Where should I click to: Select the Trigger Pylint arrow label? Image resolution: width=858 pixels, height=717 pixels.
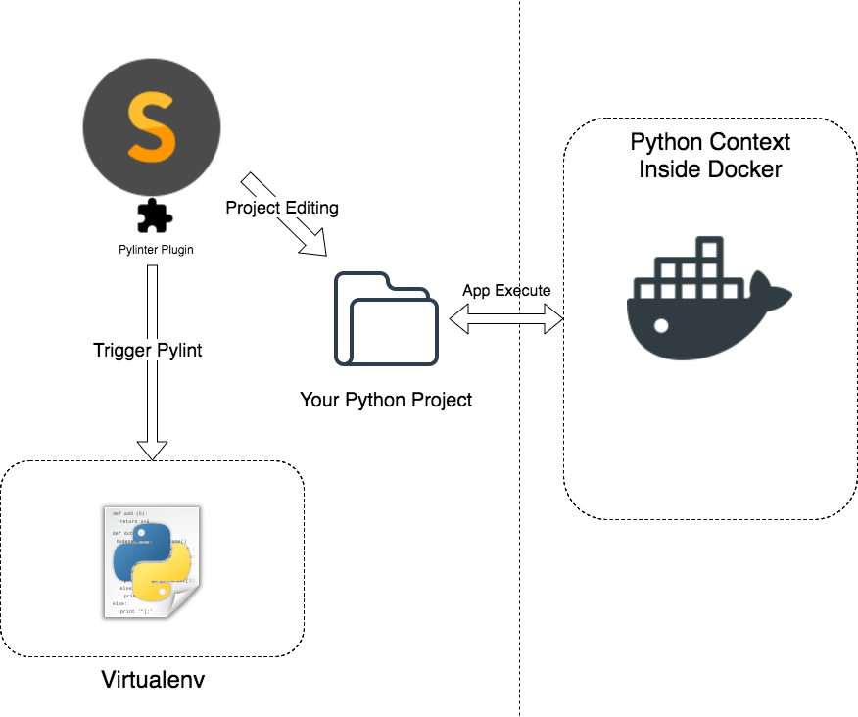point(148,350)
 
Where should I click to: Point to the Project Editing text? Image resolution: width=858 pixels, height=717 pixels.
point(282,208)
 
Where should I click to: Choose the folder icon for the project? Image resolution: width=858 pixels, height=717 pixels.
point(387,318)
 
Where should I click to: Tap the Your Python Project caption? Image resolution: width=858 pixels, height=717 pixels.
point(387,400)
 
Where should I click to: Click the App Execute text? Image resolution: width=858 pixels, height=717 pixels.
point(506,291)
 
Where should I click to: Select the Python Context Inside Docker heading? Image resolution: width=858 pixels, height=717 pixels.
point(710,156)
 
